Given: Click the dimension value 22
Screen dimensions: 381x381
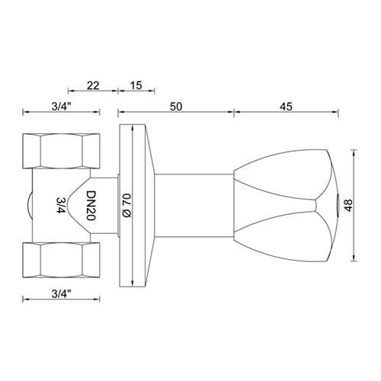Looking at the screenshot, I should coord(93,87).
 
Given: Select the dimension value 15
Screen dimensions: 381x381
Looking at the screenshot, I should coord(137,87).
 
